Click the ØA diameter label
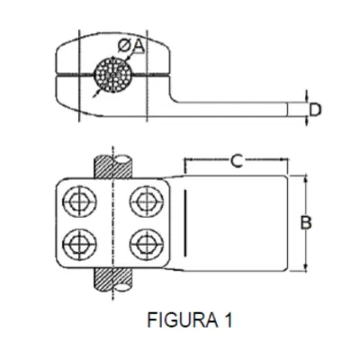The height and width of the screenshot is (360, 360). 131,46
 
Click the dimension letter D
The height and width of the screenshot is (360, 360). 315,110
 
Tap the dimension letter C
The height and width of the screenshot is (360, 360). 237,161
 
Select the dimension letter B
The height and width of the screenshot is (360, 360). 306,223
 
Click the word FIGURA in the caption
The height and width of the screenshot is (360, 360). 183,319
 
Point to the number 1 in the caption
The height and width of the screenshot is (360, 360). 229,319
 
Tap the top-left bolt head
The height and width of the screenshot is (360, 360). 80,202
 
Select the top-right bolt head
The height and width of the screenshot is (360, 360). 147,202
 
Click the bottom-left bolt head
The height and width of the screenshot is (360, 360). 80,245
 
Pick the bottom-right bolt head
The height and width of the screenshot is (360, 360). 147,245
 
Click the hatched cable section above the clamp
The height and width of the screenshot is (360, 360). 113,166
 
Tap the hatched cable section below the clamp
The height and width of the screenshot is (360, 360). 113,279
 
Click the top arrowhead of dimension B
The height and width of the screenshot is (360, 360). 306,179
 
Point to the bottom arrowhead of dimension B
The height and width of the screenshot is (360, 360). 306,268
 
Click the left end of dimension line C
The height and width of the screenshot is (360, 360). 185,159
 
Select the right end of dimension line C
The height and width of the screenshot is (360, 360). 287,159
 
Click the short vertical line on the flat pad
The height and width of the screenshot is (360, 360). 185,222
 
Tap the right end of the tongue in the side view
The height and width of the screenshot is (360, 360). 287,109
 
